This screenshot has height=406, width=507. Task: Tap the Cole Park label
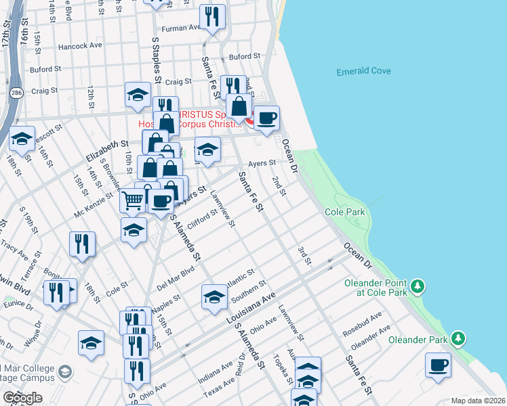click(345, 212)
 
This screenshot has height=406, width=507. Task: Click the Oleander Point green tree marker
click(419, 287)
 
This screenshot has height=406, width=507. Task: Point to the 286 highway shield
click(14, 90)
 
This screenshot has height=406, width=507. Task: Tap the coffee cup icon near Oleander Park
click(438, 365)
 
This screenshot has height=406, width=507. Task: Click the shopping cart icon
click(133, 200)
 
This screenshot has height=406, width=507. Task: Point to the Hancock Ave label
click(81, 46)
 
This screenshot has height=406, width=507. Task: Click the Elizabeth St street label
click(107, 150)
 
